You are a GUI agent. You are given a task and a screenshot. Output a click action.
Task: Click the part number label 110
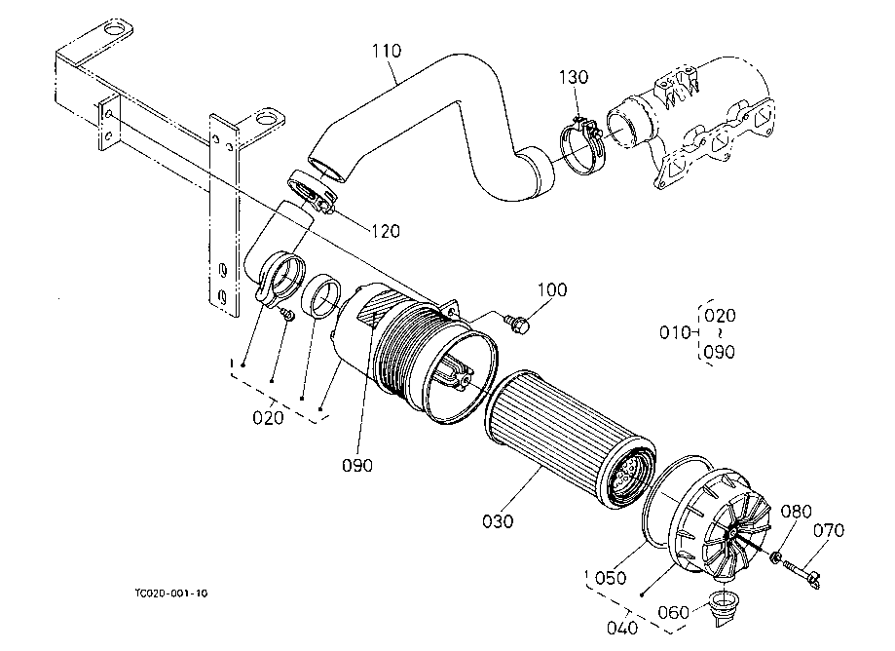tap(387, 51)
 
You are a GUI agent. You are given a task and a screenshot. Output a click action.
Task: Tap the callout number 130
tap(573, 77)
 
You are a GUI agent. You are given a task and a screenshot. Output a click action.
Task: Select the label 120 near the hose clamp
tap(386, 231)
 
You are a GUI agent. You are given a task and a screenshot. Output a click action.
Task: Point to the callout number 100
tap(552, 289)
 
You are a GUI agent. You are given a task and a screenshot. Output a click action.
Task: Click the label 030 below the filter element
tap(498, 520)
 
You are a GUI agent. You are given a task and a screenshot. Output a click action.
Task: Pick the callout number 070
tap(828, 531)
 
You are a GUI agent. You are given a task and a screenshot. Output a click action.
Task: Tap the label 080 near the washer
tap(796, 511)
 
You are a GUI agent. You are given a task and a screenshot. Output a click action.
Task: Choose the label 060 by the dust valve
tap(674, 613)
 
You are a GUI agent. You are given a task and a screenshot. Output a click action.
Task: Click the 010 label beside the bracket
tap(675, 332)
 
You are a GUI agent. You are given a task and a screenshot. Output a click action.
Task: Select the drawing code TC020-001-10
tap(171, 594)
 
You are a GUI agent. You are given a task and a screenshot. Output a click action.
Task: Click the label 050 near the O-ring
tap(611, 578)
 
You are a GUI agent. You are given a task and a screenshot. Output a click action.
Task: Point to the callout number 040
tap(622, 629)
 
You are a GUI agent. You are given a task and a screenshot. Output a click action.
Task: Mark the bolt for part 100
tap(518, 324)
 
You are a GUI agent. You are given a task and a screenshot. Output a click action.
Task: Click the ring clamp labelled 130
tap(581, 145)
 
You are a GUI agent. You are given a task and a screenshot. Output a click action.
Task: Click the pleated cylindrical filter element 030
tap(571, 440)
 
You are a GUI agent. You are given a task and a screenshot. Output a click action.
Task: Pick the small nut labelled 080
tap(775, 557)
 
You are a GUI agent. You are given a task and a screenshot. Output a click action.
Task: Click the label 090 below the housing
tap(357, 466)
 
